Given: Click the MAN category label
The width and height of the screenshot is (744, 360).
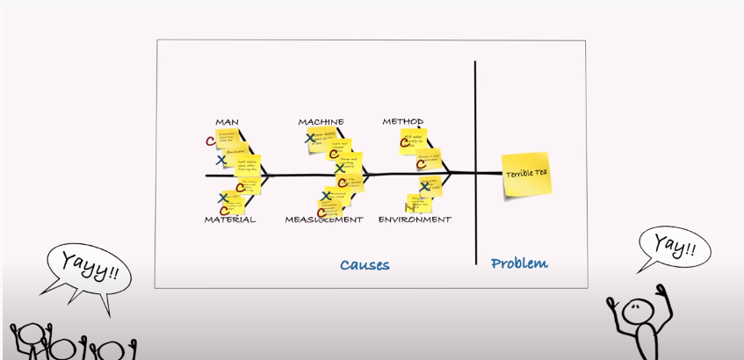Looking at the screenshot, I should (x=227, y=122).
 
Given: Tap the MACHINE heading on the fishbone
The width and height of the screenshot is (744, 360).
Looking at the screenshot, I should (x=321, y=122).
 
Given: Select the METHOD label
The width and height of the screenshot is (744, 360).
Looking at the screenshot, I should (x=403, y=121).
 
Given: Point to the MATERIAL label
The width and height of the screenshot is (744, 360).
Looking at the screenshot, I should (x=230, y=220).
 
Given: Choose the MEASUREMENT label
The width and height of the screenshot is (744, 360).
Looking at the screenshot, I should (x=323, y=220).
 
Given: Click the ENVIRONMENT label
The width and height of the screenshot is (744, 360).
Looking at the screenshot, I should (x=415, y=220).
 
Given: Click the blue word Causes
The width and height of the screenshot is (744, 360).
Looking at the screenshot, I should (x=365, y=264).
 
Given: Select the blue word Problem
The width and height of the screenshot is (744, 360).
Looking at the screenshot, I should (x=519, y=263).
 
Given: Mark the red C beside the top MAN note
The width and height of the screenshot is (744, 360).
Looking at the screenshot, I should (x=210, y=140).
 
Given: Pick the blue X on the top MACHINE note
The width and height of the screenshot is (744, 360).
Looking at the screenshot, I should (x=310, y=138).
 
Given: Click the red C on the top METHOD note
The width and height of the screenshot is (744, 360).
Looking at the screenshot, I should (x=406, y=141).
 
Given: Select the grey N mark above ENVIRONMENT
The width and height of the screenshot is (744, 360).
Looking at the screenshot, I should (x=409, y=208).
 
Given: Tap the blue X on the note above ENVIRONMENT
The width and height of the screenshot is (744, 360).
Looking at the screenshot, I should (x=424, y=185).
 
